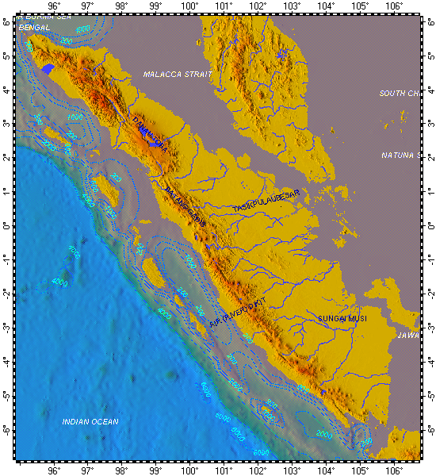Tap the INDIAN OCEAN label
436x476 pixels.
[x=90, y=421]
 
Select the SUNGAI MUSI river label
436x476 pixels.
[x=342, y=319]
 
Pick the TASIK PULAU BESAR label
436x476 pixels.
[x=266, y=201]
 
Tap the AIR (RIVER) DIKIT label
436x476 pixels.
[x=235, y=309]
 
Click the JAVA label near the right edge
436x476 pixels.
[x=407, y=335]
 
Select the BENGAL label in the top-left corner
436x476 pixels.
[x=35, y=28]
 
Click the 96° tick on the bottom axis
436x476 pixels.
[x=54, y=469]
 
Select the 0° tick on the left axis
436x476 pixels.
[x=6, y=226]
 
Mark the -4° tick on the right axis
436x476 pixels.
[x=429, y=362]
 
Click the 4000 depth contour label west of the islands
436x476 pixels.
[x=59, y=282]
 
